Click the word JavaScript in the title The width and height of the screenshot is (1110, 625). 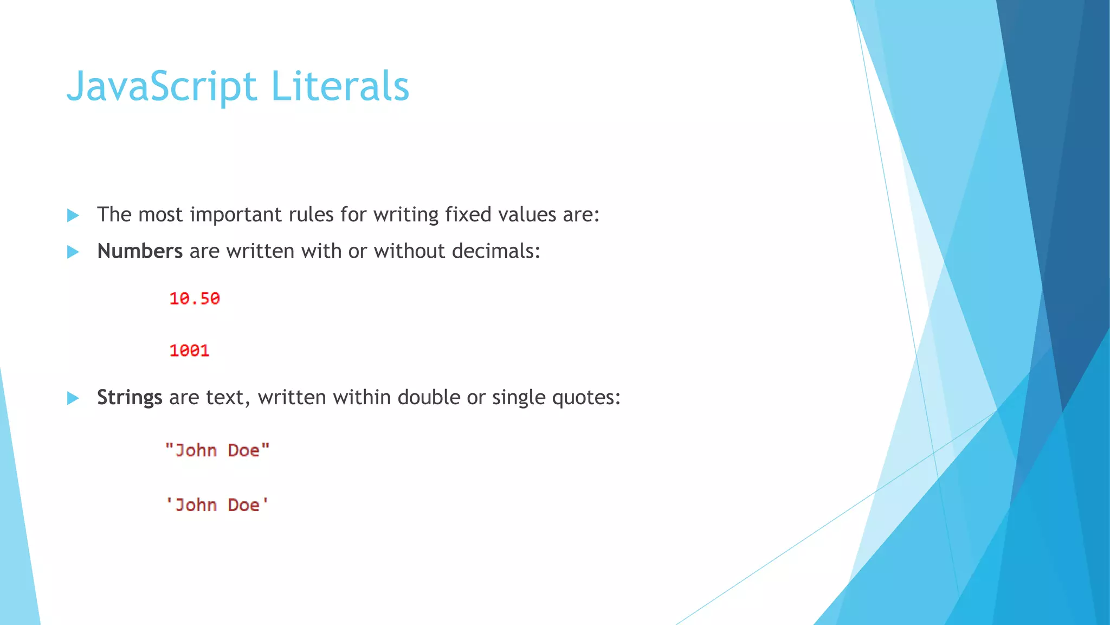(x=162, y=87)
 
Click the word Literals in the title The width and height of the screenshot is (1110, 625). (x=340, y=87)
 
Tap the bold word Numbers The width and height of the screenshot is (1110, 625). (x=140, y=251)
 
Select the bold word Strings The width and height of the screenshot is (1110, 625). (x=130, y=398)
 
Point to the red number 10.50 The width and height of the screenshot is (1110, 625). (x=195, y=298)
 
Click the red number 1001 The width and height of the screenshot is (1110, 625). (x=189, y=350)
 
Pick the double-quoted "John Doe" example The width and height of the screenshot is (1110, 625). (x=217, y=450)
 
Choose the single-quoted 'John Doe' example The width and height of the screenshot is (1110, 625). (x=217, y=505)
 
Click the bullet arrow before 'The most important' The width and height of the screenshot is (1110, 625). (x=73, y=215)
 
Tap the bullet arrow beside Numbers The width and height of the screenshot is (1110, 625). (x=73, y=252)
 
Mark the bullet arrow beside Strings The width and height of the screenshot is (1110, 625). (x=73, y=398)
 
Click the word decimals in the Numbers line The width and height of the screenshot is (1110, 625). (x=495, y=251)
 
